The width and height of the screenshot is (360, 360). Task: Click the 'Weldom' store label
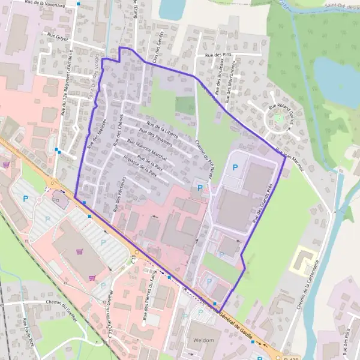point(204,340)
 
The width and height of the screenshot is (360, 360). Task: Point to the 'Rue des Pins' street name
point(218,55)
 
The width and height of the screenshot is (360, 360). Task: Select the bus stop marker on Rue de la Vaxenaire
point(78,4)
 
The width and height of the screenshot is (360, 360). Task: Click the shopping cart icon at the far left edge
point(6,164)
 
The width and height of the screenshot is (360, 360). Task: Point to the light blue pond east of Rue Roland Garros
point(336,81)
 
